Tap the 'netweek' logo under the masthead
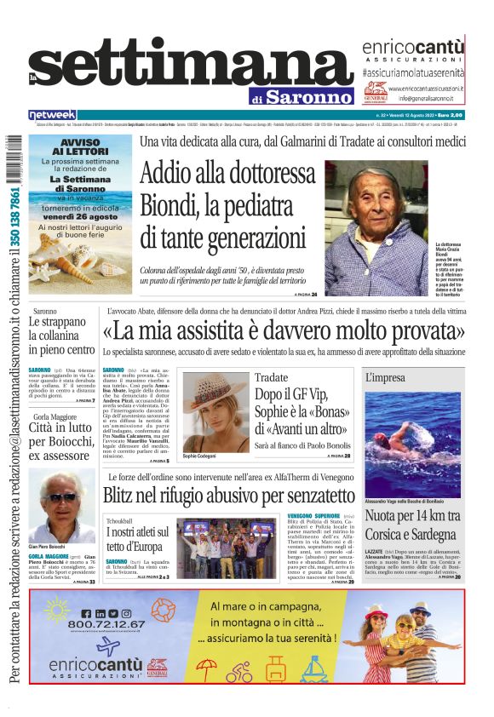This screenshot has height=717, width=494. (x=52, y=115)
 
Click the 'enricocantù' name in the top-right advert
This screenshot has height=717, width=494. (x=413, y=47)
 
